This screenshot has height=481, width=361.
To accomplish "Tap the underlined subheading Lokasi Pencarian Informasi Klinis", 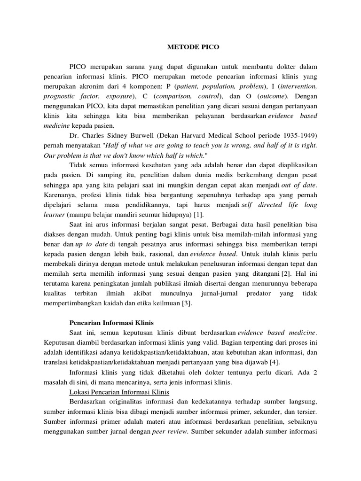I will (119, 392).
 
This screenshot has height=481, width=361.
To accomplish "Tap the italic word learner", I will (55, 215).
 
